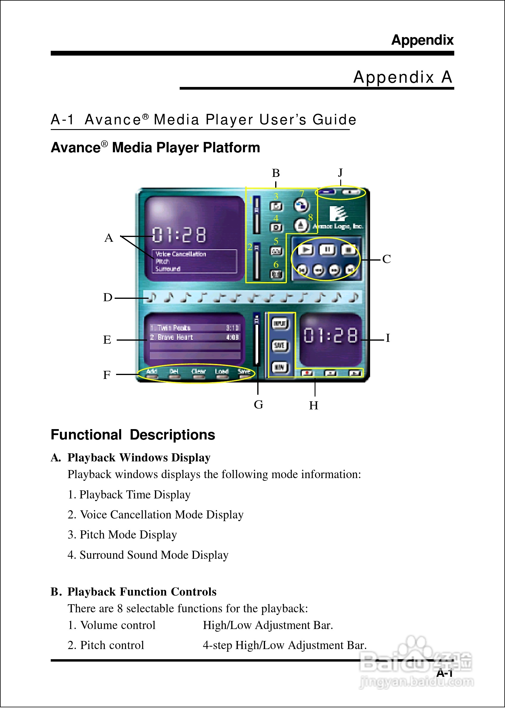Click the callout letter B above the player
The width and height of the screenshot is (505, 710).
point(276,173)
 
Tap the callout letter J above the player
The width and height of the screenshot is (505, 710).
point(341,172)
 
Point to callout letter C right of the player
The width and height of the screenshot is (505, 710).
point(387,259)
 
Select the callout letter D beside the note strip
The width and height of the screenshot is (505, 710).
point(107,298)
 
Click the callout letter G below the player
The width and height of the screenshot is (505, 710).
point(258,405)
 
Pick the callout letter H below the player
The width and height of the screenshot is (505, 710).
point(313,406)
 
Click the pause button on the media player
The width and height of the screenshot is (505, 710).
point(327,249)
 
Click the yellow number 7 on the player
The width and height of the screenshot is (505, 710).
point(302,194)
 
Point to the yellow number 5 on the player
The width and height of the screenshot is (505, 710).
point(276,241)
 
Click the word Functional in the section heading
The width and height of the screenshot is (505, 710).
point(86,435)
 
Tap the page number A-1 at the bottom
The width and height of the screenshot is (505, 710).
point(444,673)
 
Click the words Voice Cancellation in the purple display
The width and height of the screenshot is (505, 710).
point(181,254)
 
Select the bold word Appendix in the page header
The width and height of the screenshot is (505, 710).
point(422,40)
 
